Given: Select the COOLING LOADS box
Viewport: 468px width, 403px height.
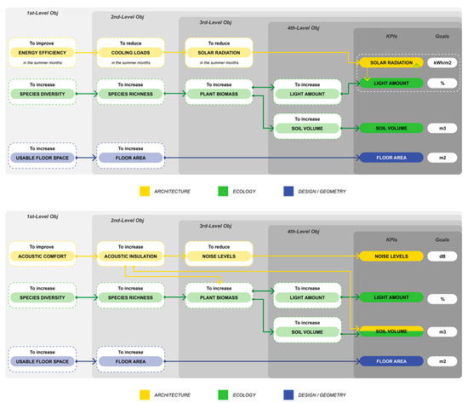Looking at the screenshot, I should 127,53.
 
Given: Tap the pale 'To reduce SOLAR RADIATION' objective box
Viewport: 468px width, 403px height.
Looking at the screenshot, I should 216,53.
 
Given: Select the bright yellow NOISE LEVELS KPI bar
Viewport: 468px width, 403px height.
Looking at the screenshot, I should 390,255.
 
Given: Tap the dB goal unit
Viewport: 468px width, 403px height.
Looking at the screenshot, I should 442,255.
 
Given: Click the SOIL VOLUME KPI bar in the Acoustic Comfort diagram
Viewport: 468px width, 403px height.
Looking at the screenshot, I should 390,330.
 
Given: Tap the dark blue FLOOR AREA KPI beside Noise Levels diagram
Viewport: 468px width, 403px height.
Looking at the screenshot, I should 390,361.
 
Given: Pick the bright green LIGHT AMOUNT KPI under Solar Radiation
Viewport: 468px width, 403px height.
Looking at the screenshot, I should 390,83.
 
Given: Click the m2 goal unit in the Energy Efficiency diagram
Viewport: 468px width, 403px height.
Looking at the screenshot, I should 442,158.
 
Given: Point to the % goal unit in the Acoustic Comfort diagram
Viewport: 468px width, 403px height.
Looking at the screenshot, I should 442,298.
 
